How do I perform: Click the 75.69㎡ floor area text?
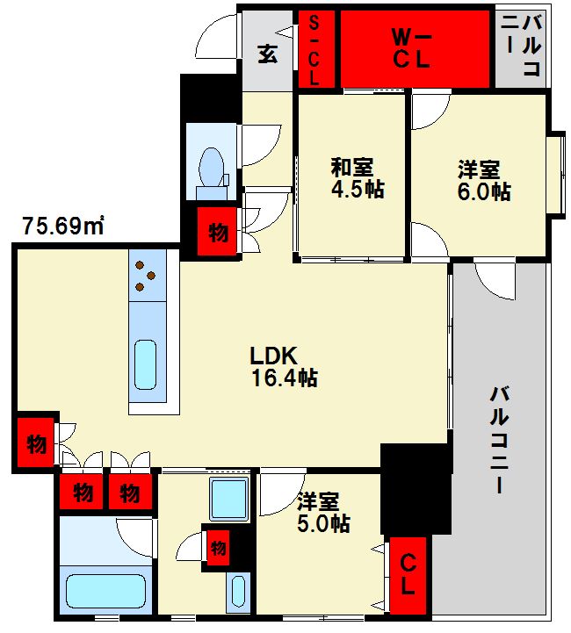tap(63, 226)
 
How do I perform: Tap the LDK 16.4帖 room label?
tap(284, 367)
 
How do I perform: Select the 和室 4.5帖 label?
tap(358, 178)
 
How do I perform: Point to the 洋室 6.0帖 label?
tap(484, 181)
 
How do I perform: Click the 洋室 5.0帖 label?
tap(323, 513)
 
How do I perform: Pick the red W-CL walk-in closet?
tap(416, 49)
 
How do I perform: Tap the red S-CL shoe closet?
tap(316, 49)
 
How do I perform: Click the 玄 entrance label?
tap(268, 54)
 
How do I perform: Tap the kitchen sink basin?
tap(145, 364)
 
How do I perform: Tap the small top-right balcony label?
tap(521, 45)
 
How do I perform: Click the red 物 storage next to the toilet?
tap(217, 232)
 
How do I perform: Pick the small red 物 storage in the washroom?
tap(218, 548)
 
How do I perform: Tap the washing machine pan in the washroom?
tap(229, 500)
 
